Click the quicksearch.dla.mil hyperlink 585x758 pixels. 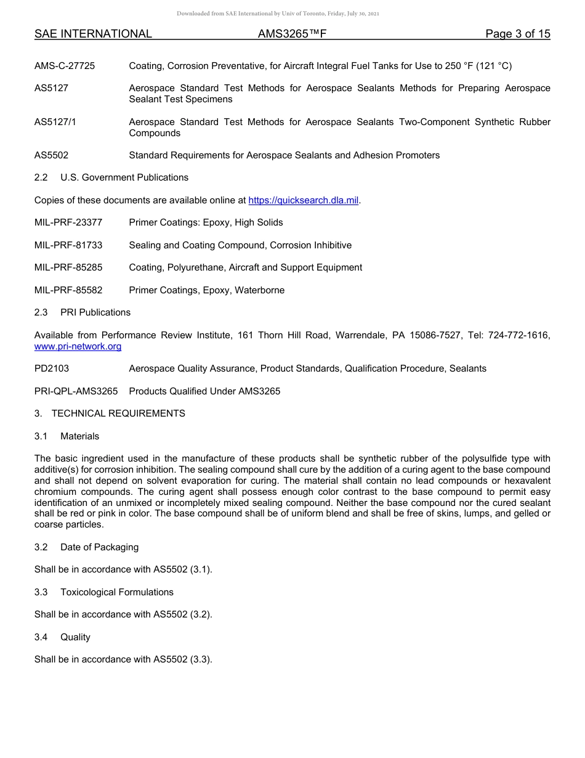pyautogui.click(x=303, y=200)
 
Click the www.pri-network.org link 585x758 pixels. pyautogui.click(x=78, y=346)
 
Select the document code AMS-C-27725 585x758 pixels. pyautogui.click(x=65, y=66)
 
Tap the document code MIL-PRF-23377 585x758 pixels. pyautogui.click(x=68, y=222)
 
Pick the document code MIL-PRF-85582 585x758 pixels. pyautogui.click(x=68, y=290)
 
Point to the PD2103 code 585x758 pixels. pyautogui.click(x=52, y=369)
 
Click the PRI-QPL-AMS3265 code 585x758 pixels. pyautogui.click(x=76, y=391)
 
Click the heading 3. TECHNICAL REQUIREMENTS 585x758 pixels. pyautogui.click(x=110, y=414)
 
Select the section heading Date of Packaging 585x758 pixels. pyautogui.click(x=99, y=547)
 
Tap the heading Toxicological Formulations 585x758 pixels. pyautogui.click(x=117, y=592)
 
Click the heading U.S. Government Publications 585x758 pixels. pyautogui.click(x=124, y=177)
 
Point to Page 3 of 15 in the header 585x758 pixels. pyautogui.click(x=517, y=34)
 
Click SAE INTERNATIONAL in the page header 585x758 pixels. pyautogui.click(x=93, y=34)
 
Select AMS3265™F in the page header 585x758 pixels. pyautogui.click(x=292, y=34)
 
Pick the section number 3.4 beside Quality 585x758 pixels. pyautogui.click(x=41, y=637)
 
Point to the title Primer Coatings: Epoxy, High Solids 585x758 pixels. pyautogui.click(x=206, y=222)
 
